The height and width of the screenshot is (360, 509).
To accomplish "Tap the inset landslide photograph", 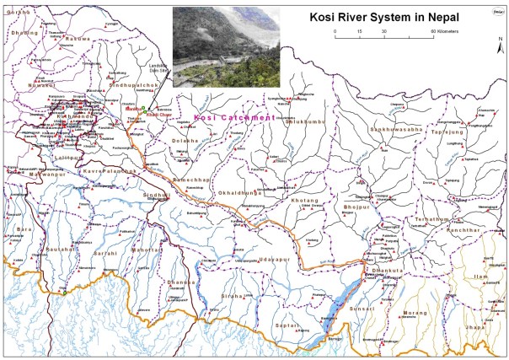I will [224, 46].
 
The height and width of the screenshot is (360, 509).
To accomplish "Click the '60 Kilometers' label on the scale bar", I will [445, 31].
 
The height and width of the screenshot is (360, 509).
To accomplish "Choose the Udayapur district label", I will [275, 260].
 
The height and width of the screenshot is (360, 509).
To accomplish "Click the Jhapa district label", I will [476, 325].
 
